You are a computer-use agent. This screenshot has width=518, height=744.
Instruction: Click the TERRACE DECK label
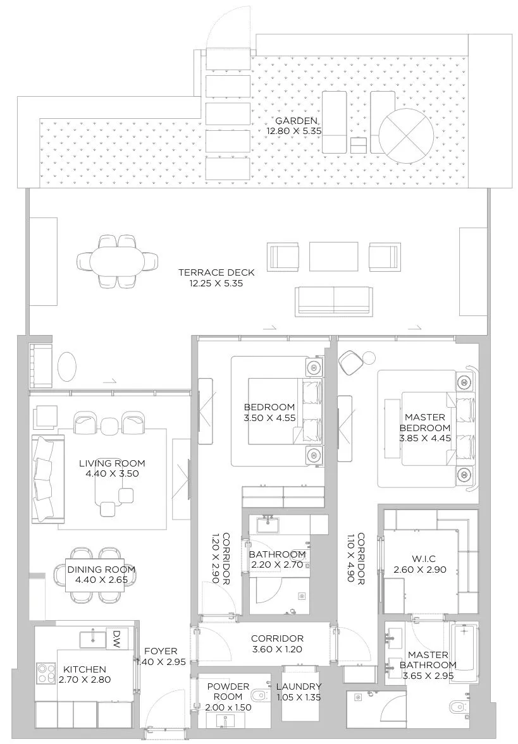point(216,272)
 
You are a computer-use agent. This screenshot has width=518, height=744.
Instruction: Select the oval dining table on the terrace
point(117,261)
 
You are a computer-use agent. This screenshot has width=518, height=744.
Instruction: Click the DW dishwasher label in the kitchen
point(114,634)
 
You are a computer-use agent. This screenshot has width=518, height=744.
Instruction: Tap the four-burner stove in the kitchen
point(46,673)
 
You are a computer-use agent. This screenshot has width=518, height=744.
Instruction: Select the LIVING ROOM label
point(112,463)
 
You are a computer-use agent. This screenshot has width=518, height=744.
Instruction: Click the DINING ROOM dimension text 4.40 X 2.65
point(101,580)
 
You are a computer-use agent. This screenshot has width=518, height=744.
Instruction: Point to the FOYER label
point(161,652)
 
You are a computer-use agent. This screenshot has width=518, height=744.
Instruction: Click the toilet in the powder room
point(259,697)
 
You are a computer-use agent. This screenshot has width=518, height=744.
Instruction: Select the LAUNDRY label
point(299,686)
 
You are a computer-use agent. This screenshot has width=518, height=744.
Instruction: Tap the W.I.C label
point(420,559)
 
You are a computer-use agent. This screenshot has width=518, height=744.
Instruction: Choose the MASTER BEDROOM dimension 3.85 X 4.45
point(425,438)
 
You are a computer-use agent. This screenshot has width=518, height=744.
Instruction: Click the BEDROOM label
point(269,407)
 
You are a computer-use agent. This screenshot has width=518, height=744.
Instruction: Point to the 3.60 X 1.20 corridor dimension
point(277,649)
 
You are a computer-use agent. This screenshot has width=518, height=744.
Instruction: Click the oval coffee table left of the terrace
point(66,366)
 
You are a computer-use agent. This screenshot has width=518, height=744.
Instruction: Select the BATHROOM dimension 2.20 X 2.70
point(277,564)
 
